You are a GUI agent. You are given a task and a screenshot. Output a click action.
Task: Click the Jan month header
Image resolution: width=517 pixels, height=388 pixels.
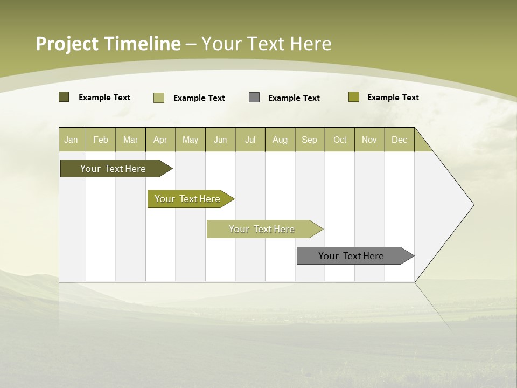[x=72, y=140]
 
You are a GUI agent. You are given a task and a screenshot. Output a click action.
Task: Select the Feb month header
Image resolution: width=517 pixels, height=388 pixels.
[x=101, y=140]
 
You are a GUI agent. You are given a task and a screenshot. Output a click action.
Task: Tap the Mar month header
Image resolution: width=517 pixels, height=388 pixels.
[x=130, y=140]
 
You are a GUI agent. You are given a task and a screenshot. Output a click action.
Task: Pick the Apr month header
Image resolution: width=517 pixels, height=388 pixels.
[x=160, y=140]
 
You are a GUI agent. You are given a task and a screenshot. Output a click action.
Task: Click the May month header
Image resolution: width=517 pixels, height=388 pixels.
[x=190, y=140]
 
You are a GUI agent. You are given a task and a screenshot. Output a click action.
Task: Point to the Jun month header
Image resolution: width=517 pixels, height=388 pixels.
[x=220, y=140]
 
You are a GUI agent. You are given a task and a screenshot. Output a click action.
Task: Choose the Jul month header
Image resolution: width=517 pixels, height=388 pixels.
[x=250, y=140]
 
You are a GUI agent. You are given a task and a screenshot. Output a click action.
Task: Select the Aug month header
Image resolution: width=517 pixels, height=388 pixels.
[x=280, y=140]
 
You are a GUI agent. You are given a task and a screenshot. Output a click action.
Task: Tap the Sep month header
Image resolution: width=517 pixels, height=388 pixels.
[x=310, y=140]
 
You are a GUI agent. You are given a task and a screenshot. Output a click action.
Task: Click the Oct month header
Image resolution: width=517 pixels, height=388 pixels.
[x=340, y=140]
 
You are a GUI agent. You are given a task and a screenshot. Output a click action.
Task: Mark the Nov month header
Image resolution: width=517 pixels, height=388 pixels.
[x=369, y=140]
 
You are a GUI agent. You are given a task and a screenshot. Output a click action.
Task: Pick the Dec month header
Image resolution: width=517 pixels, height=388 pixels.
[x=400, y=140]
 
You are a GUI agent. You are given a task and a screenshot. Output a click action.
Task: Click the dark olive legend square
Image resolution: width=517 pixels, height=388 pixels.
[x=64, y=97]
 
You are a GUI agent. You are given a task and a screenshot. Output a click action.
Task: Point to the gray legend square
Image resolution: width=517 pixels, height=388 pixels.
[x=254, y=98]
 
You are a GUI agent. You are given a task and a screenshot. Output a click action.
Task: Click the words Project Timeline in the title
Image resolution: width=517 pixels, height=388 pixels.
[x=108, y=44]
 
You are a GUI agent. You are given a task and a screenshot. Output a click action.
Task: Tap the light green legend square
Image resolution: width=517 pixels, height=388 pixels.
[x=159, y=98]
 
